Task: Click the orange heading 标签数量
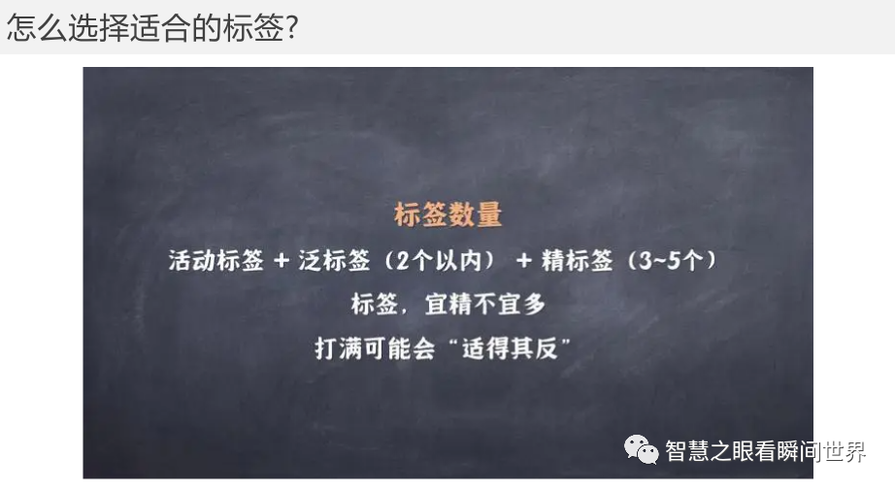coord(448,214)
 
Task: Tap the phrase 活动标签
coord(215,261)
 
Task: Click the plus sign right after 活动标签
coord(282,262)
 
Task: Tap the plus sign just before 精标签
coord(524,262)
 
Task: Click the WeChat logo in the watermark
coord(641,449)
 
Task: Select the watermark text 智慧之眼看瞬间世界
coord(765,451)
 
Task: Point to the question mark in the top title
coord(288,28)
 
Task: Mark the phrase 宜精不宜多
coord(485,305)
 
